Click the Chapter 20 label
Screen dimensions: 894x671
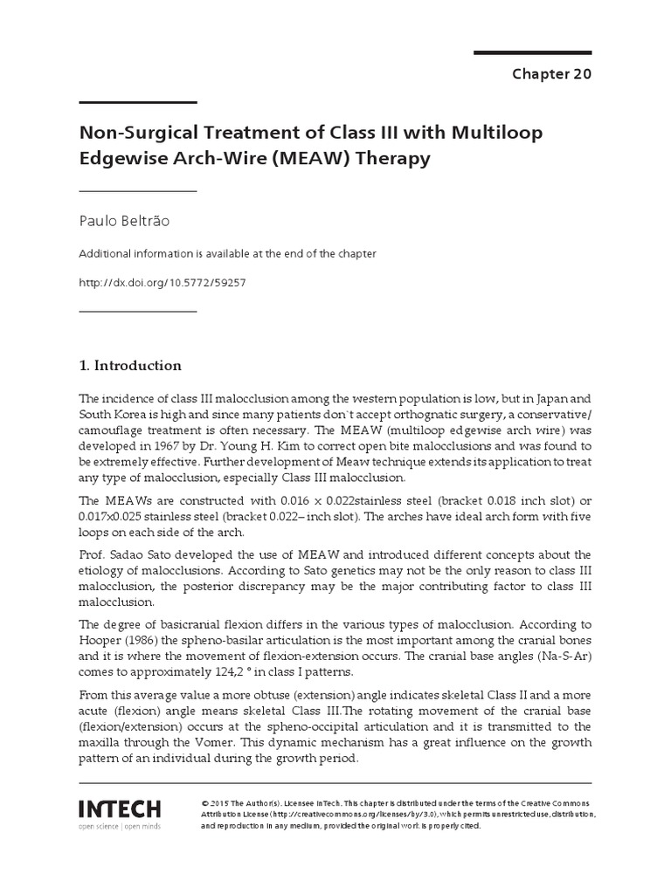coord(551,74)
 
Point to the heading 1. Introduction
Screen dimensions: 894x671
coord(130,365)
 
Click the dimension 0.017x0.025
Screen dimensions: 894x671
coord(121,517)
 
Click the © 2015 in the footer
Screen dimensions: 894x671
coord(214,801)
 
